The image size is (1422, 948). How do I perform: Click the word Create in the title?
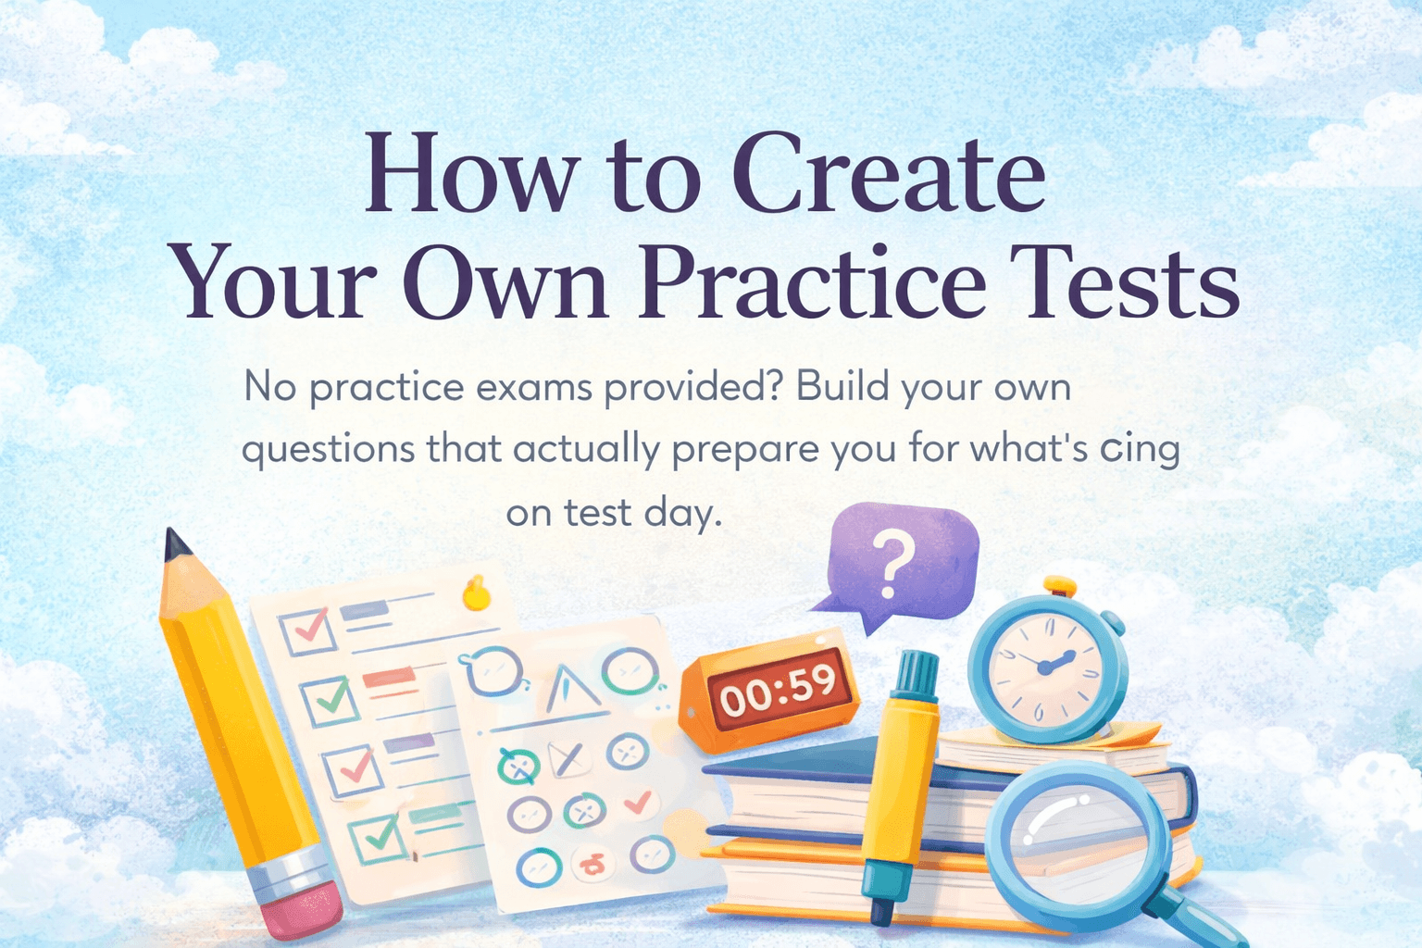pyautogui.click(x=889, y=174)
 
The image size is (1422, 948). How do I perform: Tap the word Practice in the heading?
pyautogui.click(x=812, y=282)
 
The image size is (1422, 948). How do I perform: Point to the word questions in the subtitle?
pyautogui.click(x=329, y=450)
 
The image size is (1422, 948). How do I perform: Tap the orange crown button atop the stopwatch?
pyautogui.click(x=1059, y=585)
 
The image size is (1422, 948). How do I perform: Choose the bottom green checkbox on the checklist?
pyautogui.click(x=378, y=838)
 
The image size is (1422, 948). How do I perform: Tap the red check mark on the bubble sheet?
pyautogui.click(x=637, y=802)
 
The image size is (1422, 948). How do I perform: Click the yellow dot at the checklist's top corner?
pyautogui.click(x=476, y=596)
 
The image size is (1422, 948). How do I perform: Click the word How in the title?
pyautogui.click(x=472, y=174)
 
